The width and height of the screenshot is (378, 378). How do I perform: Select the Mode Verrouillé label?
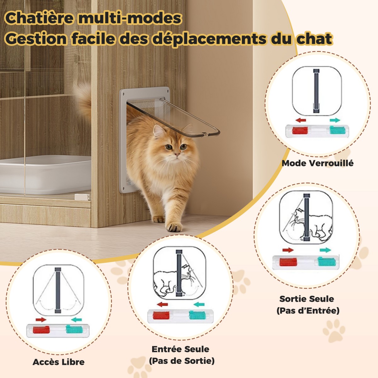tap(318, 163)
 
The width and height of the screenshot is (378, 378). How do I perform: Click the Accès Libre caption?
tap(59, 362)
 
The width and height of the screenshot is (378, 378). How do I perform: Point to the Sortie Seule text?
tap(307, 299)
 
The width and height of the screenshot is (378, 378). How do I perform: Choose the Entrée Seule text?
tap(180, 349)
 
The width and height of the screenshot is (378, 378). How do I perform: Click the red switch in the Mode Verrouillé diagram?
tap(300, 130)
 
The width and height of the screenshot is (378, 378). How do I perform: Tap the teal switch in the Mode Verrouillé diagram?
tap(337, 130)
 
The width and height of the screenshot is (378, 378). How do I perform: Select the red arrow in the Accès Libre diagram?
tap(41, 320)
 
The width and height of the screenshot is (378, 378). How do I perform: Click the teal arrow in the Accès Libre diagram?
tap(76, 320)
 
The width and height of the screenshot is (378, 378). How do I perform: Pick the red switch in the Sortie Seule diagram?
tap(288, 262)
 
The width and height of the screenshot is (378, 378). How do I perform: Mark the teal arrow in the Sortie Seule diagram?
tap(325, 250)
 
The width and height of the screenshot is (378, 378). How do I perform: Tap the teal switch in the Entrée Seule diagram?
tap(198, 315)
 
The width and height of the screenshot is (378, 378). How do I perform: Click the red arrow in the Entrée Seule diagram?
tap(163, 304)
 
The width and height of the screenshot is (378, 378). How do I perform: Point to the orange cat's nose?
tap(177, 155)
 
